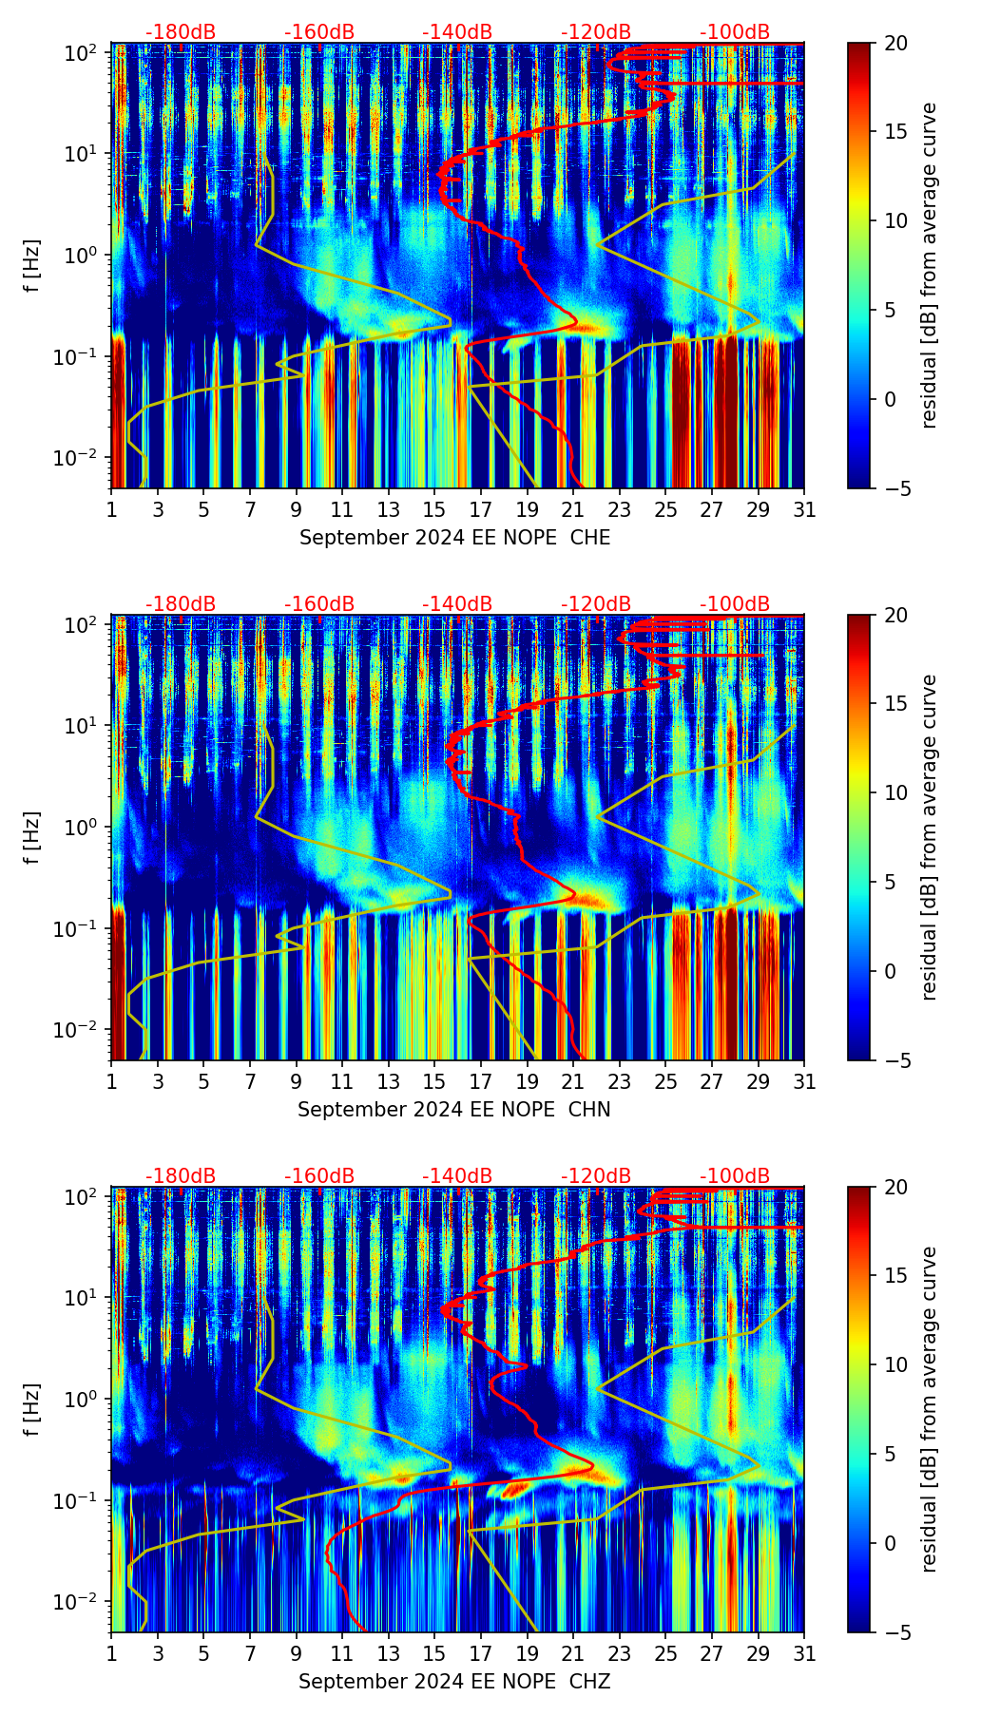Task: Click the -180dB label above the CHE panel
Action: tap(181, 32)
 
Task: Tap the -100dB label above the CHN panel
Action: tap(735, 604)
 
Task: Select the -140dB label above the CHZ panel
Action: tap(457, 1176)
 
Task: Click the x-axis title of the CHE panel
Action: tap(454, 538)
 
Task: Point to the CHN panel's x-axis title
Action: tap(454, 1110)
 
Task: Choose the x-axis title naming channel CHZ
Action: tap(454, 1682)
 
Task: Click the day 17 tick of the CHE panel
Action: tap(481, 510)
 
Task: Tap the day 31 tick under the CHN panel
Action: tap(804, 1082)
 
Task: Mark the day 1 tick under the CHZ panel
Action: tap(112, 1654)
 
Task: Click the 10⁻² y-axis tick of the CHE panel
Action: tap(80, 458)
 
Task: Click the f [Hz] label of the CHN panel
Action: tap(32, 837)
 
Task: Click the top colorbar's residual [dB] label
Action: tap(930, 265)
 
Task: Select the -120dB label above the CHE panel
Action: tap(596, 32)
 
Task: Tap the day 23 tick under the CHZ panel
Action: tap(620, 1654)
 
